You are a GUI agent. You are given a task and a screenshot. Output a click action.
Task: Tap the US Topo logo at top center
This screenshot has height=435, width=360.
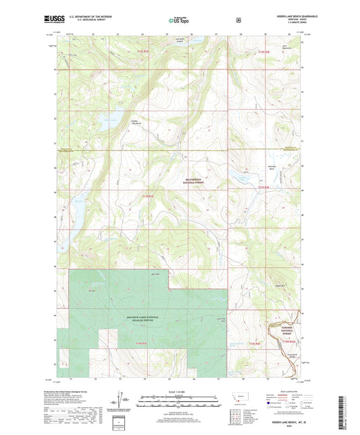tap(179, 20)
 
